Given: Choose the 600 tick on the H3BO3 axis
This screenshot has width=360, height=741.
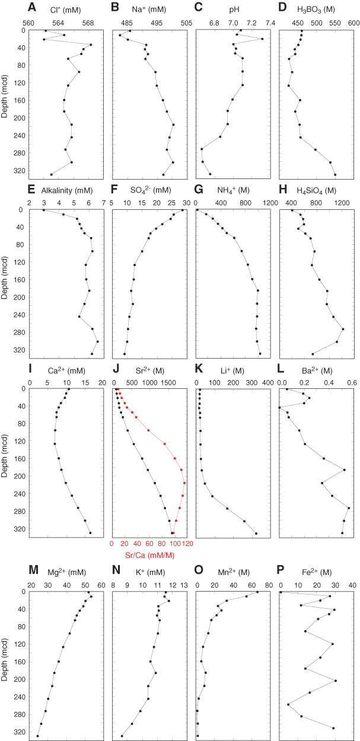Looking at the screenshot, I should (354, 23).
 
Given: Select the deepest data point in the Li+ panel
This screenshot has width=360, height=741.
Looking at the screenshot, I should (256, 533).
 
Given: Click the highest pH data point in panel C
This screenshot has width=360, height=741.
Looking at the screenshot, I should (262, 39).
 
